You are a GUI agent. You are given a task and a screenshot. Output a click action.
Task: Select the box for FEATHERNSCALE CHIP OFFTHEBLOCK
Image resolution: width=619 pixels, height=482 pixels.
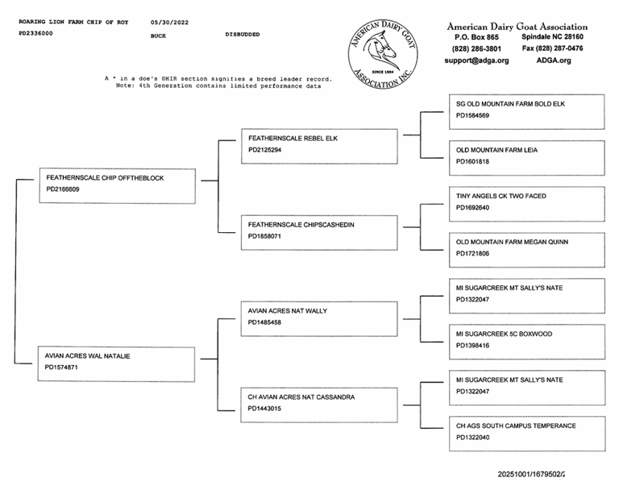(117, 185)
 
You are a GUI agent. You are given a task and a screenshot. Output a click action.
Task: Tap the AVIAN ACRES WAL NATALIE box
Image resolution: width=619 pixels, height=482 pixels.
(117, 364)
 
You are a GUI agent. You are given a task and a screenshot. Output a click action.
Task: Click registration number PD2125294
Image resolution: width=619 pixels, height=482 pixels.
(264, 150)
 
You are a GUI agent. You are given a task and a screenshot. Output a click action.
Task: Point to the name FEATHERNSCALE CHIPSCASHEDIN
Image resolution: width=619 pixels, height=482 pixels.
(301, 225)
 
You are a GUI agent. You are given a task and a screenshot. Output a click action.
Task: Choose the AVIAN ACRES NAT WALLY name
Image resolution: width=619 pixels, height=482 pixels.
(288, 311)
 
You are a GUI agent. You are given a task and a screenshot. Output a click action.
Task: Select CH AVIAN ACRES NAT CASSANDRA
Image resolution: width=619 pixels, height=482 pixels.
(301, 397)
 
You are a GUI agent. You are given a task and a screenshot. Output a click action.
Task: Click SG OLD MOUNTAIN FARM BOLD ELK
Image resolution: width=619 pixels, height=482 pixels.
(510, 104)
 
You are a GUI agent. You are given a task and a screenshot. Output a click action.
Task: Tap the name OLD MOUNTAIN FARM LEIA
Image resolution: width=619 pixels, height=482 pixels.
(496, 150)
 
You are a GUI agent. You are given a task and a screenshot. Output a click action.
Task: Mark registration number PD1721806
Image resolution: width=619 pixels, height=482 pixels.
(472, 253)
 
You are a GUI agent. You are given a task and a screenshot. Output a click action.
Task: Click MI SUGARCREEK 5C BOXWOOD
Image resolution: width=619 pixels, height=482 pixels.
(504, 334)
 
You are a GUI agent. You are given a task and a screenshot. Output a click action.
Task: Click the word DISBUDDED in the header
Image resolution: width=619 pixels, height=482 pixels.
(243, 35)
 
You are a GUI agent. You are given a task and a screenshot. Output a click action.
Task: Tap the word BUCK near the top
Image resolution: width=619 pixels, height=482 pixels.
(159, 36)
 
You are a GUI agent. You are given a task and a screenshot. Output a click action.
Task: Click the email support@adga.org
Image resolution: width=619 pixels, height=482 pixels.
(476, 60)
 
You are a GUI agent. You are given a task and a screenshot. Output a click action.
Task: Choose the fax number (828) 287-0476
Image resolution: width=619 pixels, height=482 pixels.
(553, 48)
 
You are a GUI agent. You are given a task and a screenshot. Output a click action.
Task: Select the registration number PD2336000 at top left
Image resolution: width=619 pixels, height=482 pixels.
(35, 34)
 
